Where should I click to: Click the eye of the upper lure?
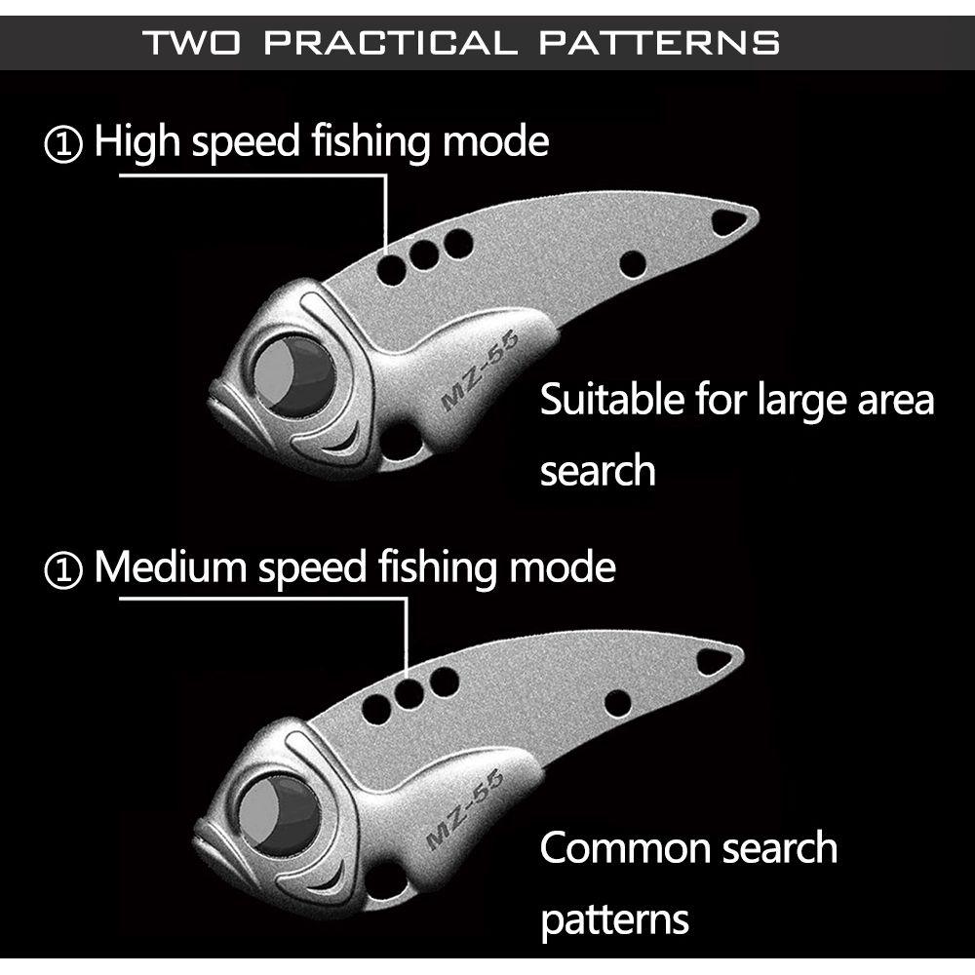(x=292, y=375)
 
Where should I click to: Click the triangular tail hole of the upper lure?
(x=727, y=223)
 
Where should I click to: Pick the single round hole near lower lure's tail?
(x=617, y=701)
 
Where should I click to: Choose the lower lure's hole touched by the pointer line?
(x=409, y=693)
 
